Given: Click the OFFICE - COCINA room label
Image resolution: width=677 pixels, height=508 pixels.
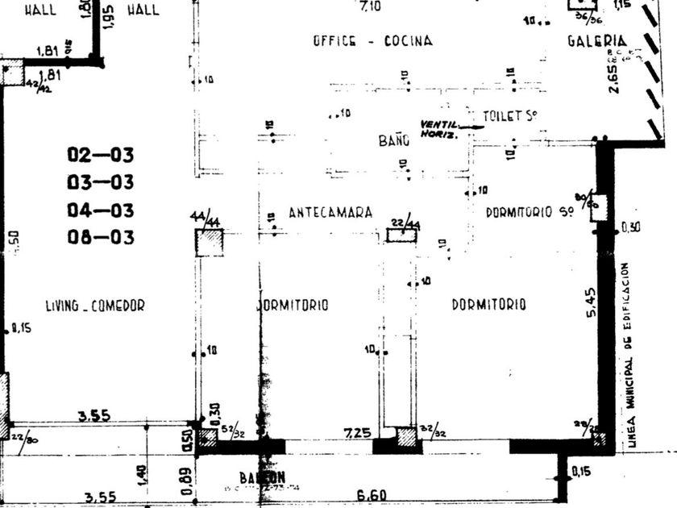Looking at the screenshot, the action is point(372,41).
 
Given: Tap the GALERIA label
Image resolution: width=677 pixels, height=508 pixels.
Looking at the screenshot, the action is point(597,41).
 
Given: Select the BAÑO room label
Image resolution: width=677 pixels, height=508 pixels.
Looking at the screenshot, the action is point(394,140).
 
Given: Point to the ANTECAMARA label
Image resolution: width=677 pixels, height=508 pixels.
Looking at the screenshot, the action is point(330,212).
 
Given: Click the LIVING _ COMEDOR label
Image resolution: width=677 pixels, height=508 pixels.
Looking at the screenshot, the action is point(95,305).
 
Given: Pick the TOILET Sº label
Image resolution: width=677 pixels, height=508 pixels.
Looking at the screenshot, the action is point(509,116).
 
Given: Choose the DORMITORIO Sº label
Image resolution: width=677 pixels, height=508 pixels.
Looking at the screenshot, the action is point(530,212).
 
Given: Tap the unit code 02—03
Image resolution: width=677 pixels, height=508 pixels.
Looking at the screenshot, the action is point(100,155).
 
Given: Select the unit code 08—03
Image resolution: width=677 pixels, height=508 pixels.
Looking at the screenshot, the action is point(100,238).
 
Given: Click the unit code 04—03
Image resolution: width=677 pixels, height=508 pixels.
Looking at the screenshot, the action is point(100,210).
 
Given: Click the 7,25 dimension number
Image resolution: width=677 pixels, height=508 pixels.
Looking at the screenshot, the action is point(357,433).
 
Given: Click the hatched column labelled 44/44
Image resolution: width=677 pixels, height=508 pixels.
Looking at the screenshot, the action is point(209,242).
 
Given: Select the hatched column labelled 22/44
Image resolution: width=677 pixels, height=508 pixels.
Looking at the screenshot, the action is point(401,235).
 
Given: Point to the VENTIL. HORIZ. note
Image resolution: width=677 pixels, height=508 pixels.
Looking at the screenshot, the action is point(438,129).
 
